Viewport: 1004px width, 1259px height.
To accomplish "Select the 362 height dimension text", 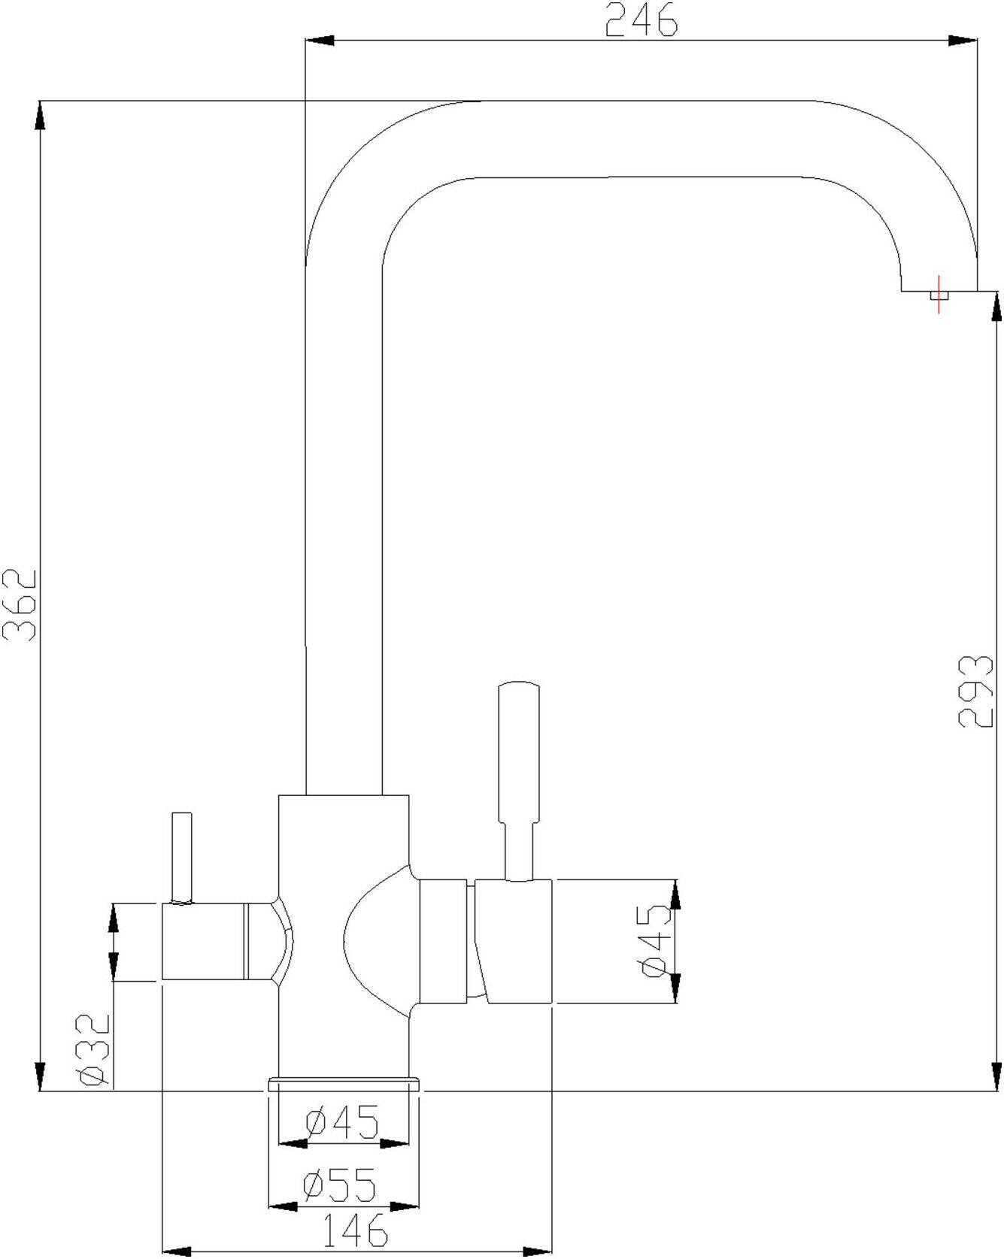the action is pyautogui.click(x=20, y=604).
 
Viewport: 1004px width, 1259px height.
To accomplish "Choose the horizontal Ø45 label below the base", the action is pyautogui.click(x=342, y=1123).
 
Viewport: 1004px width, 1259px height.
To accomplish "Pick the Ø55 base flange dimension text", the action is pyautogui.click(x=339, y=1185).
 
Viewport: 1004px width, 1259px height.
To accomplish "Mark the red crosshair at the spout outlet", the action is pyautogui.click(x=938, y=295).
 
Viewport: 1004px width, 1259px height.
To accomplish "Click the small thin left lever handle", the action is pyautogui.click(x=182, y=857).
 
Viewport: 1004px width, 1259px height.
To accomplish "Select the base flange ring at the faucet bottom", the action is pyautogui.click(x=344, y=1083).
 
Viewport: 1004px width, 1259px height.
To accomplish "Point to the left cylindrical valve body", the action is pyautogui.click(x=204, y=943).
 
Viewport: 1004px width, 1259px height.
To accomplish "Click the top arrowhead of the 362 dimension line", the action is pyautogui.click(x=39, y=117).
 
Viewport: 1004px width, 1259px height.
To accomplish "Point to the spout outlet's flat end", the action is pyautogui.click(x=939, y=290).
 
